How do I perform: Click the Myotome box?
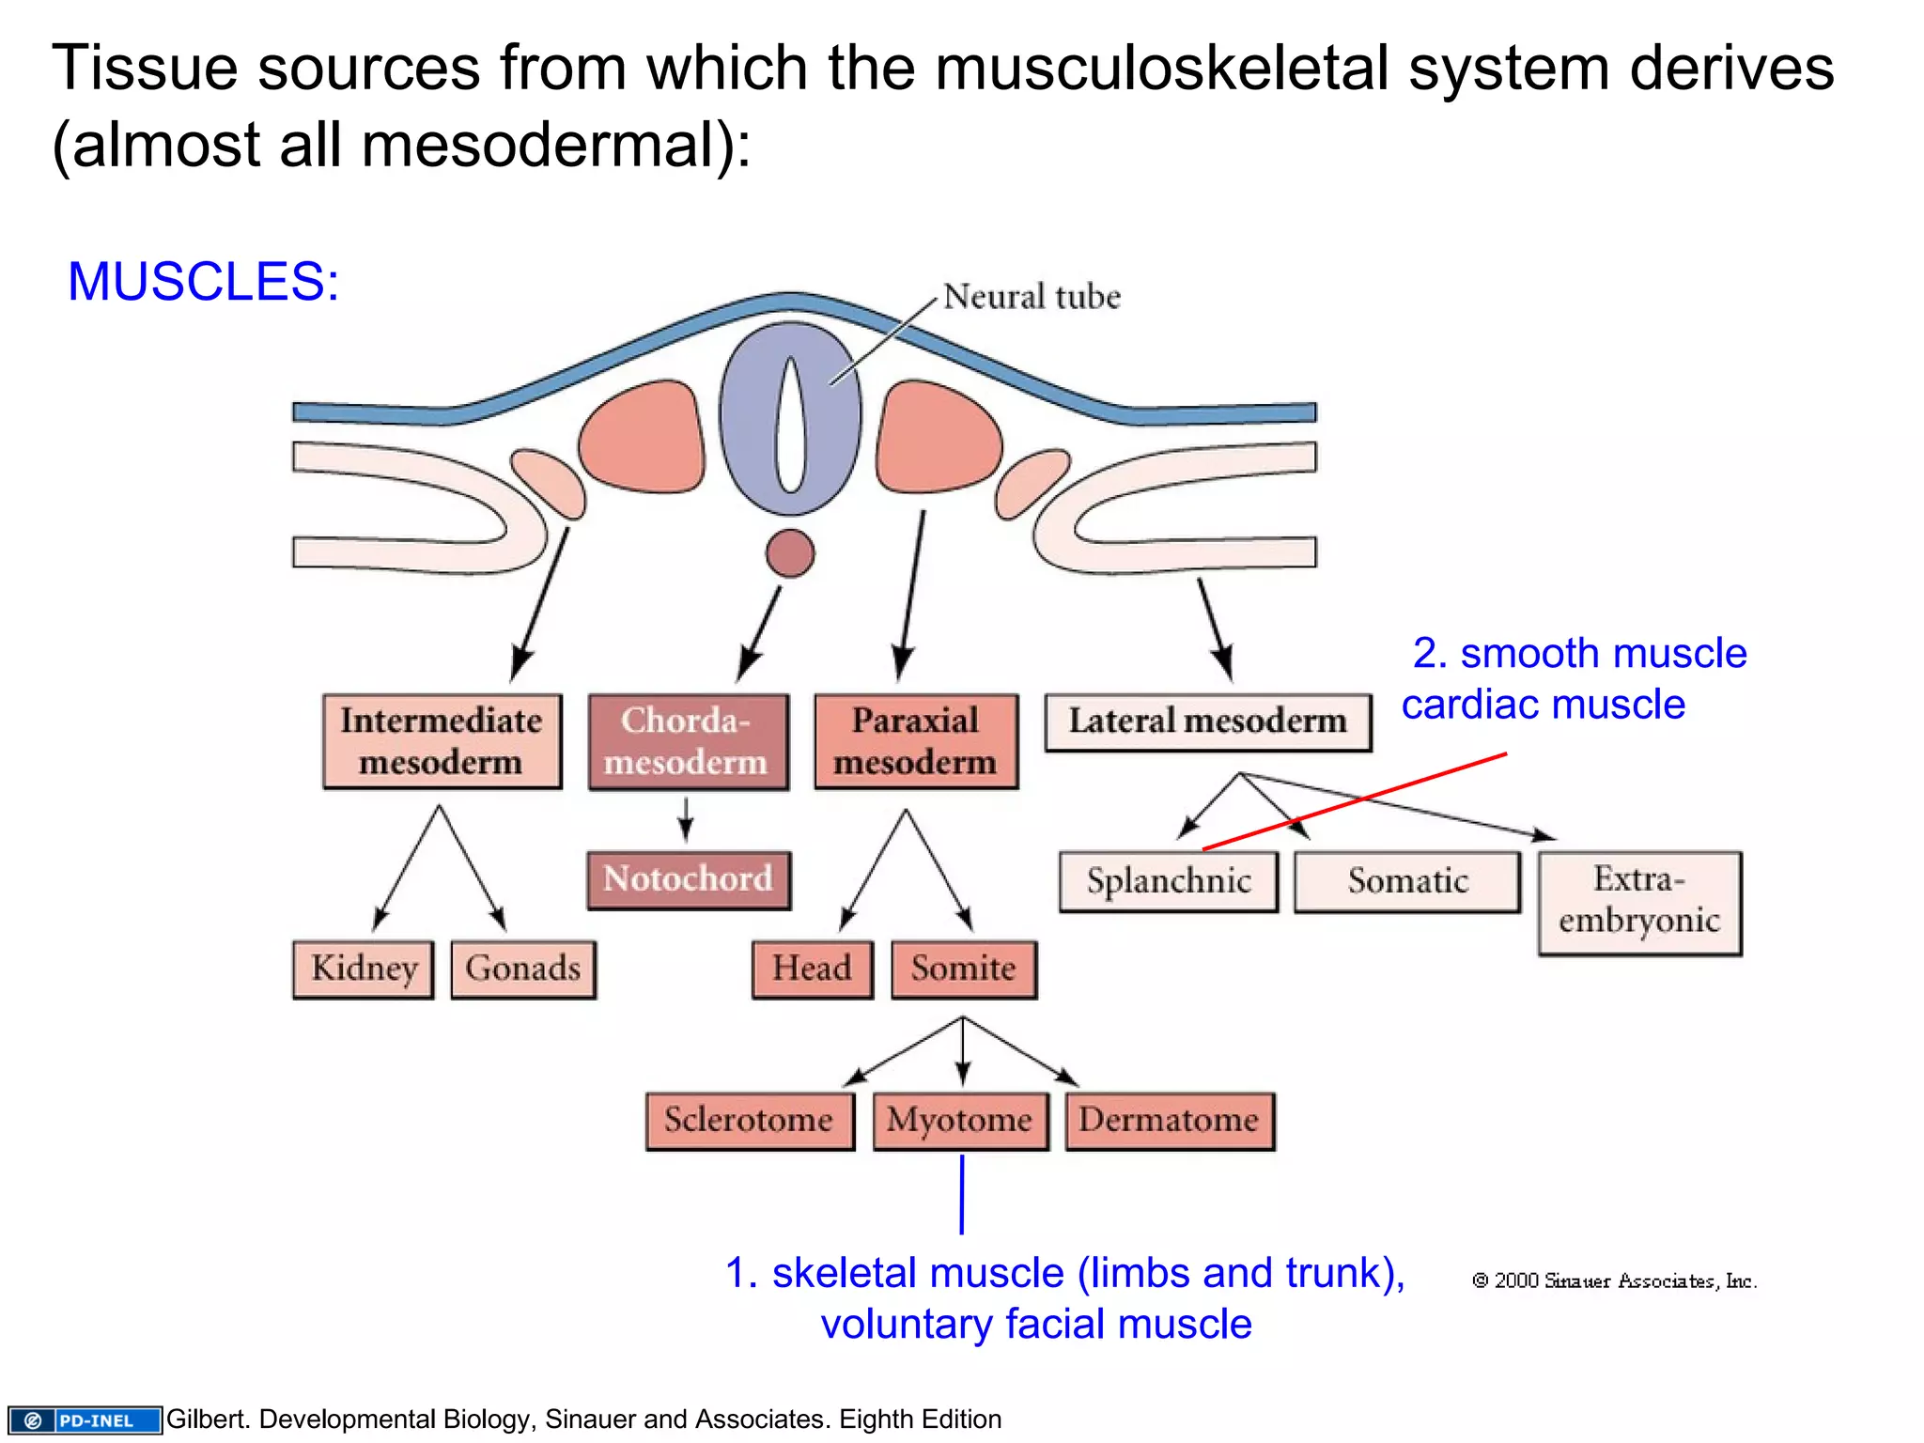tap(960, 1120)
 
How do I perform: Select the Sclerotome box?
tap(750, 1120)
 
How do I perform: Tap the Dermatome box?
tap(1170, 1120)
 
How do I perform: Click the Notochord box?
tap(689, 879)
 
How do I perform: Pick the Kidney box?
tap(364, 969)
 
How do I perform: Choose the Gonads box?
tap(523, 969)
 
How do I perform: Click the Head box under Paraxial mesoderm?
tap(813, 969)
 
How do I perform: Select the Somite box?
tap(964, 969)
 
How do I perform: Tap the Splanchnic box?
tap(1169, 881)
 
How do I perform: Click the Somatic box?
tap(1407, 881)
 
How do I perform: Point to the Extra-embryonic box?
tap(1639, 902)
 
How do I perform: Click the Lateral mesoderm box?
tap(1208, 721)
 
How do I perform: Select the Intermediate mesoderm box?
tap(442, 741)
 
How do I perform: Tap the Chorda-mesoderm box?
tap(688, 741)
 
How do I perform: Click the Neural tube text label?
tap(1032, 297)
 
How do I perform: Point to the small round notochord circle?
tap(790, 553)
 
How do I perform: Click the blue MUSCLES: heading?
tap(203, 281)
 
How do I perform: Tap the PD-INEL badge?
tap(85, 1420)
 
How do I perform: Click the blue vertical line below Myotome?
tap(962, 1194)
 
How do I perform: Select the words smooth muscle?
tap(1603, 653)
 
